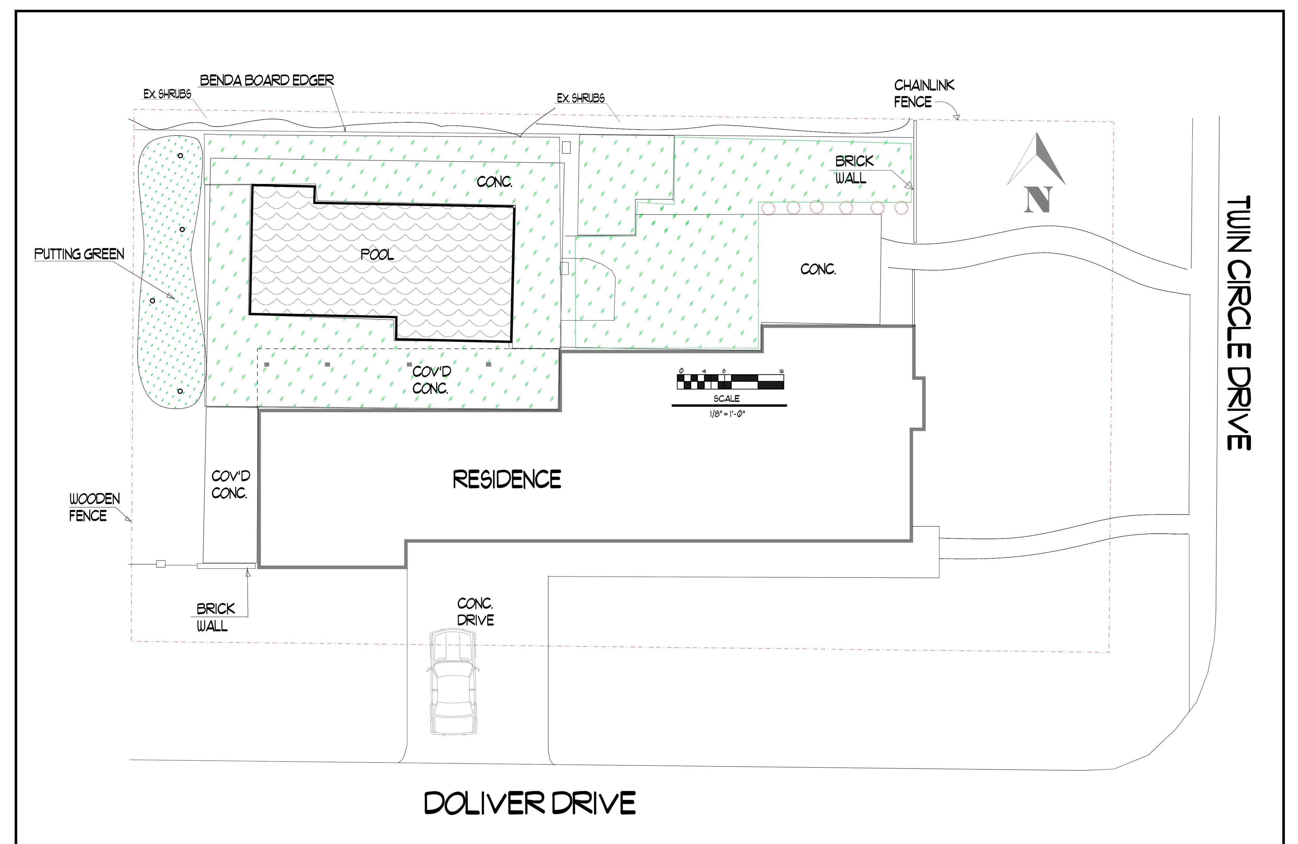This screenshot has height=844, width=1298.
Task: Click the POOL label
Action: (x=377, y=254)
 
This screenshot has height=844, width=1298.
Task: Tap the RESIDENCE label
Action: (x=507, y=479)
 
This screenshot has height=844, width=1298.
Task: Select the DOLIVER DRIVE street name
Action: (x=530, y=803)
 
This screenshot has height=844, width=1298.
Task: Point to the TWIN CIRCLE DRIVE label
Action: (x=1239, y=323)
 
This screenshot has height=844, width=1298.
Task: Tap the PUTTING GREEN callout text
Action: (x=79, y=254)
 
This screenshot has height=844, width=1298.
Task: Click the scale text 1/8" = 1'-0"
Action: (x=727, y=414)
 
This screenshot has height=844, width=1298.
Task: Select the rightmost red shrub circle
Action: (x=901, y=207)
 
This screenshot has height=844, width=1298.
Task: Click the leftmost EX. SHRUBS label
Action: (x=167, y=94)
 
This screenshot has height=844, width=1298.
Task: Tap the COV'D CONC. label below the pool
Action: (x=431, y=380)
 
